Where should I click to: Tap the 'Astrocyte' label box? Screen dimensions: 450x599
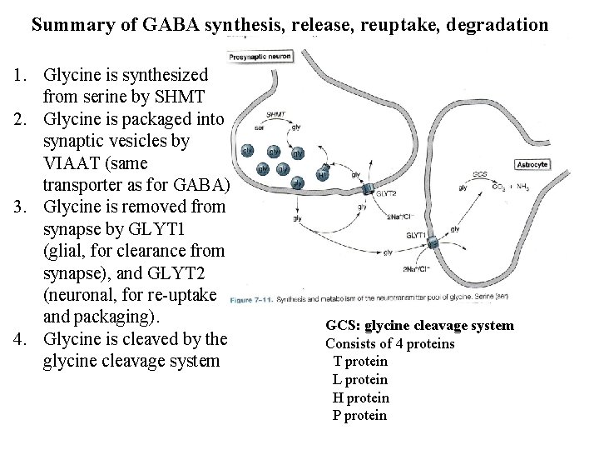(533, 165)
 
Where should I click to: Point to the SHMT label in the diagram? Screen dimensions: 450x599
(277, 114)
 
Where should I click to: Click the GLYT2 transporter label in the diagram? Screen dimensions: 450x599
(385, 193)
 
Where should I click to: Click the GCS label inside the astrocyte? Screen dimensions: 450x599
(480, 174)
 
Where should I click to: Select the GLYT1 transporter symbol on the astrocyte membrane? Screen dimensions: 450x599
(433, 242)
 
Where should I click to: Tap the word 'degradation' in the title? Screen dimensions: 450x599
(497, 24)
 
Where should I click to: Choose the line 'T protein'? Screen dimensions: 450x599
(360, 361)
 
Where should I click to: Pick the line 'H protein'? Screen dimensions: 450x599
(360, 397)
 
